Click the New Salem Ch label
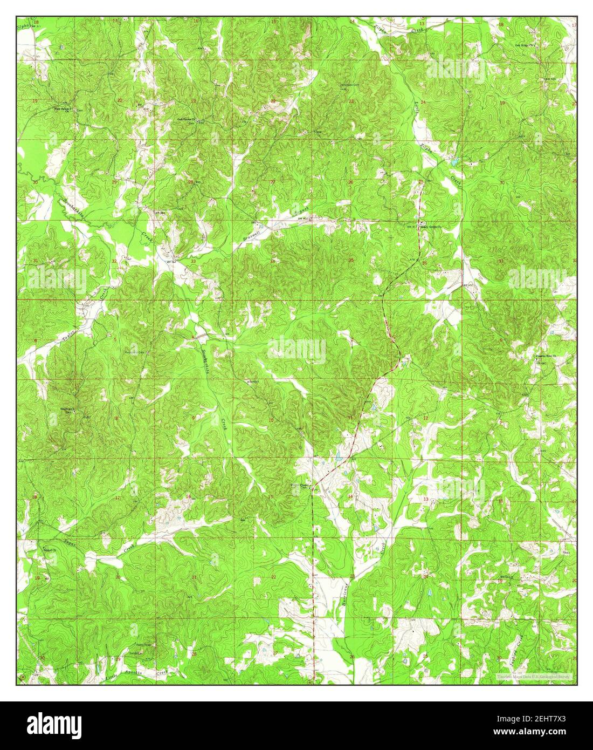tap(64, 108)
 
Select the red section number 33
tap(193, 262)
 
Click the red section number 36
tap(424, 263)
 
